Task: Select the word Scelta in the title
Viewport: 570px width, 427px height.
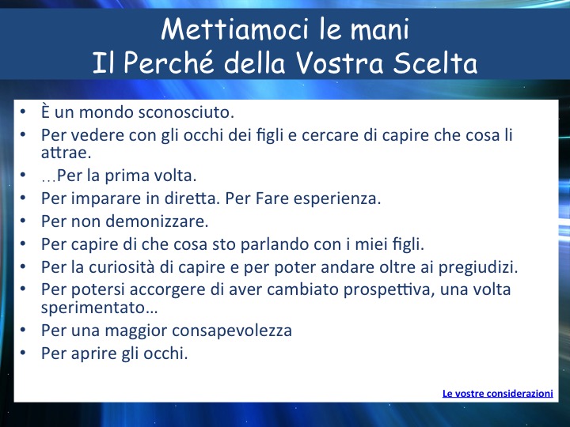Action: [435, 62]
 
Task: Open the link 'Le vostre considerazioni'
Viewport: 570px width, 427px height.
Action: [498, 393]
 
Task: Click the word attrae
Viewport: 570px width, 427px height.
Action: [66, 153]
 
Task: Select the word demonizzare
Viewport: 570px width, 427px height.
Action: [157, 221]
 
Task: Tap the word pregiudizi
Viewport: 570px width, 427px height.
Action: [478, 267]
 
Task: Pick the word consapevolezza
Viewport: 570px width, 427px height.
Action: [232, 331]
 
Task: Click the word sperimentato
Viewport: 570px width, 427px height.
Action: [99, 308]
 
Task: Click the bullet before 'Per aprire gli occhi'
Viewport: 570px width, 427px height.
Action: [23, 352]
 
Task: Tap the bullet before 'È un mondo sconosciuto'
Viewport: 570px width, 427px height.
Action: [23, 111]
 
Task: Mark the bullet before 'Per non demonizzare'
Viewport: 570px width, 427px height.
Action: [23, 220]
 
